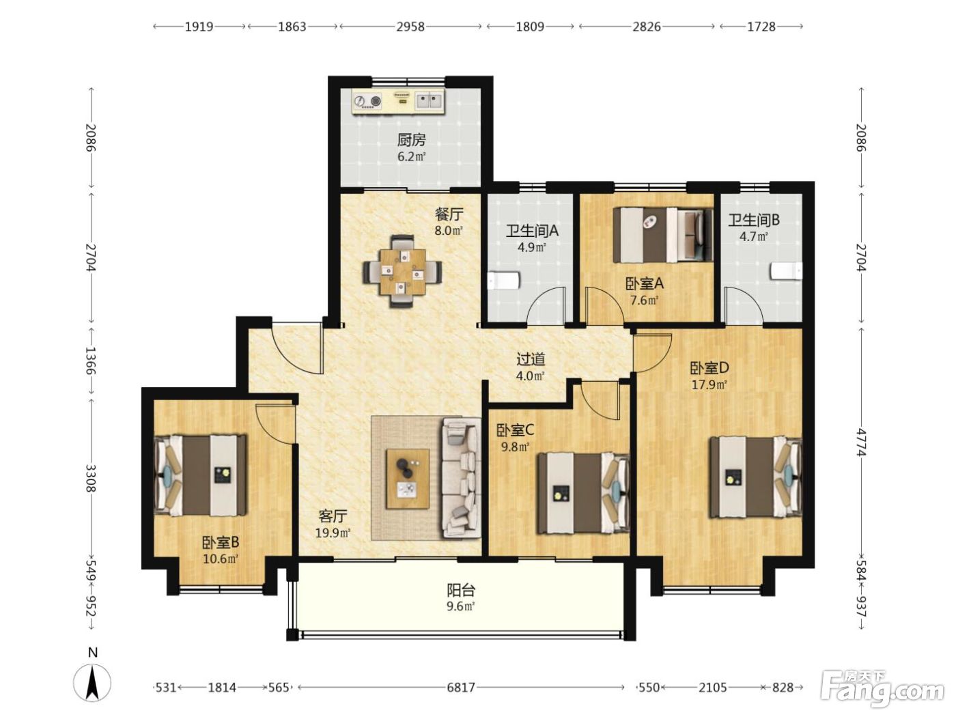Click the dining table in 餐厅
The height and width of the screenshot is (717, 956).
tap(402, 272)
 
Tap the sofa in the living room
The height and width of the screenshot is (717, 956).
tap(462, 479)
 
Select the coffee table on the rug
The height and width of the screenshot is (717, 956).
tap(408, 479)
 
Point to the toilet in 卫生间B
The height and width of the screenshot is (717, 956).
tap(786, 270)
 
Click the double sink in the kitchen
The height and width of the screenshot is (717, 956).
tap(429, 101)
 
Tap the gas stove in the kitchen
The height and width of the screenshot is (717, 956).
tap(367, 102)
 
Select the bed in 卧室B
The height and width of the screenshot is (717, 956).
tap(201, 475)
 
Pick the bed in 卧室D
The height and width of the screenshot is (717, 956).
tap(756, 477)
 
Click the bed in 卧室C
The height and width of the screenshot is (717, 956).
tap(584, 493)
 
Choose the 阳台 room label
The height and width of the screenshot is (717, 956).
tap(461, 590)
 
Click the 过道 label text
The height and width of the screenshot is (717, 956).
tap(531, 360)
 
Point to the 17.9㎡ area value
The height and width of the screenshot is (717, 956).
tap(709, 385)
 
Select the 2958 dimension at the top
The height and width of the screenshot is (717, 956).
tap(410, 27)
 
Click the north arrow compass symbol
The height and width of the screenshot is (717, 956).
tap(92, 683)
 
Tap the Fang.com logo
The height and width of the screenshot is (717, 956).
tap(882, 687)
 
